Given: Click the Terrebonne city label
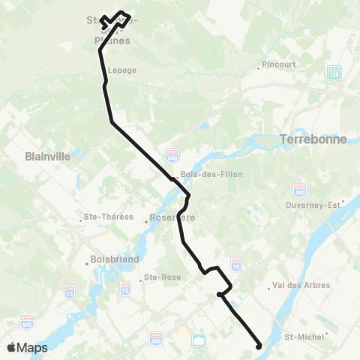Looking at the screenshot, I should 310,139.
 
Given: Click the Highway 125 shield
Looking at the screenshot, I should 334,73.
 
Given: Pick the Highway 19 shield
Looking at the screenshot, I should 236,265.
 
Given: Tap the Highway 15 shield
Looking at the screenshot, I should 124,288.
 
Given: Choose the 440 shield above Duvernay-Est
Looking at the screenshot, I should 300,188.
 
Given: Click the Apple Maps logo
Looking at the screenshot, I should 26,347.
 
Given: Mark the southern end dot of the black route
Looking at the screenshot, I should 259,346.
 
